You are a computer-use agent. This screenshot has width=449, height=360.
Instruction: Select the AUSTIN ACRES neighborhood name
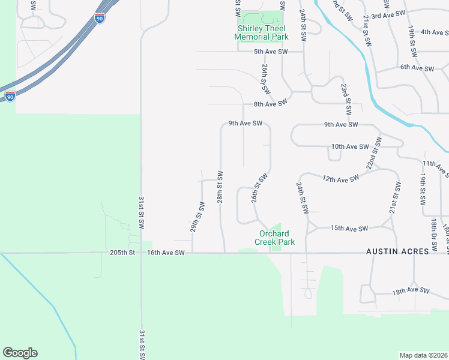point(398,252)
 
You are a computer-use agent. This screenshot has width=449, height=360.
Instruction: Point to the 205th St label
point(124,253)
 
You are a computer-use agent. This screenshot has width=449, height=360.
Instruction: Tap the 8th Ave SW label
point(271,104)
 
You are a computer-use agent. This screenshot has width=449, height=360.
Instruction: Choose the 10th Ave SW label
point(349,146)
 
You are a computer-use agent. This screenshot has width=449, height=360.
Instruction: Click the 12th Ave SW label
point(340,178)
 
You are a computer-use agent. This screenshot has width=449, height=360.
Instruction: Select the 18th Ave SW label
point(411,291)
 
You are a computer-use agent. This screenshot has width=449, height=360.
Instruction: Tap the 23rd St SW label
point(346,100)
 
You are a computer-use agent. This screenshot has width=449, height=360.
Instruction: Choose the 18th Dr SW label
point(433,235)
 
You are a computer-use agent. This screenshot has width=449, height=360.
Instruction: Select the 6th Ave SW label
point(417,68)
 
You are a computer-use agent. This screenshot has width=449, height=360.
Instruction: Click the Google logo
point(20,353)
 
